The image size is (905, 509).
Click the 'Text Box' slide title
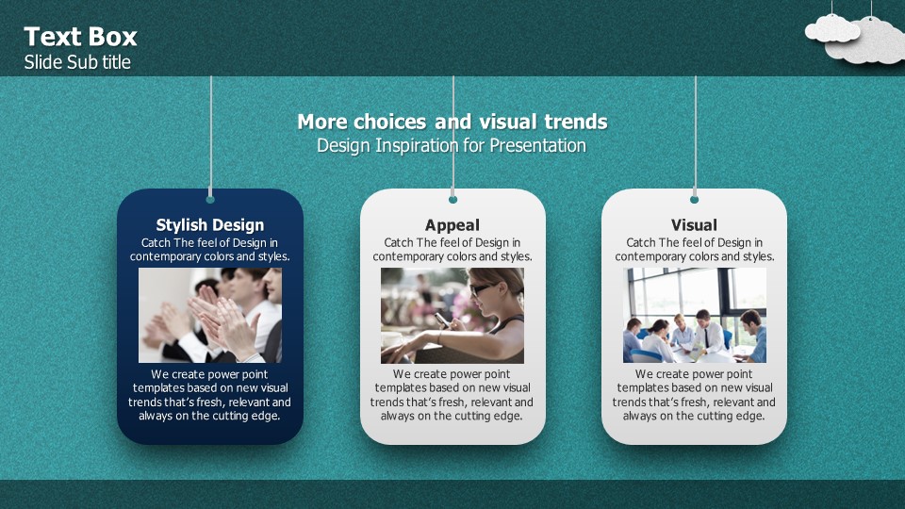tap(80, 37)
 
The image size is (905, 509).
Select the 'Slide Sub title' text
tap(77, 62)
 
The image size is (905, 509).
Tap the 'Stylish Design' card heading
tap(210, 224)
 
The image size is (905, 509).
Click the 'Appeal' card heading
tap(452, 224)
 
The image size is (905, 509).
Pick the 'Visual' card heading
tap(695, 224)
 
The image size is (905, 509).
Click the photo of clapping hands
tap(210, 315)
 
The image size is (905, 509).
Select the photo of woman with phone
tap(452, 315)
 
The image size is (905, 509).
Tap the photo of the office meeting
tap(695, 315)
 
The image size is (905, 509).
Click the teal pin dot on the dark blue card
tap(210, 200)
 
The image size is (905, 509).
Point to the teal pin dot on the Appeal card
tap(453, 200)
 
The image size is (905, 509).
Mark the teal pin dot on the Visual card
tap(695, 200)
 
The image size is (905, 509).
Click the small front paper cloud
tap(832, 29)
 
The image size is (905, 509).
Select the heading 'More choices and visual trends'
tap(452, 122)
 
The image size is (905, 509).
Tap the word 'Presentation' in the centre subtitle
tap(538, 145)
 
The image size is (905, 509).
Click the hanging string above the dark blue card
tap(210, 136)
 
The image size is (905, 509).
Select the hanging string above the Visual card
tap(695, 136)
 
